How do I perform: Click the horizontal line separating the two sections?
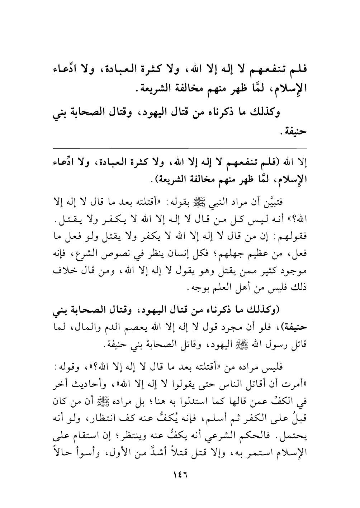pos(180,148)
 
